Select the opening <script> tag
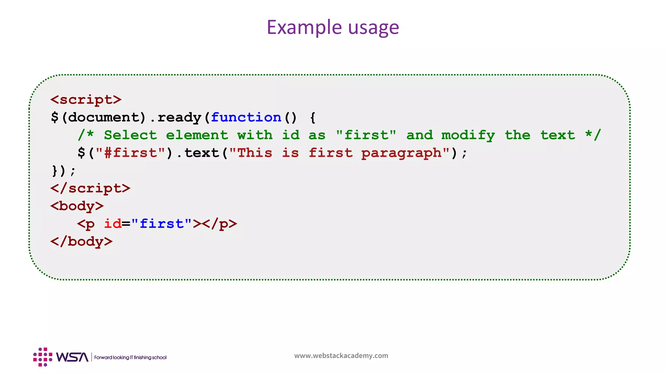86,99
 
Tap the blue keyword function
246,117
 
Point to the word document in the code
103,117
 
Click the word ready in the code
180,117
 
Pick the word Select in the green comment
130,135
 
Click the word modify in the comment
468,135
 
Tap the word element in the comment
197,135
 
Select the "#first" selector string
130,153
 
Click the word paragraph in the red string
401,153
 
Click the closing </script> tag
90,188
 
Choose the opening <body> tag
77,206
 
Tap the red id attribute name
113,224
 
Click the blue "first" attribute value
161,224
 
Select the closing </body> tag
82,242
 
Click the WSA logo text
72,357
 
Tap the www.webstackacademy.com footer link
341,355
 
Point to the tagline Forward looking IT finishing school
130,357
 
